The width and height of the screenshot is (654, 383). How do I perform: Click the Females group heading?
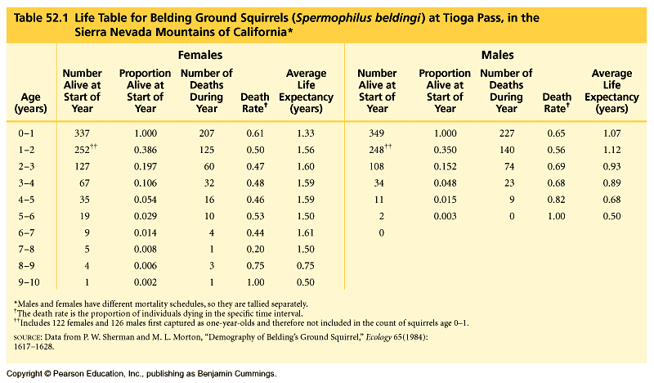(200, 56)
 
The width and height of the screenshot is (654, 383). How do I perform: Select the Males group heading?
(497, 56)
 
